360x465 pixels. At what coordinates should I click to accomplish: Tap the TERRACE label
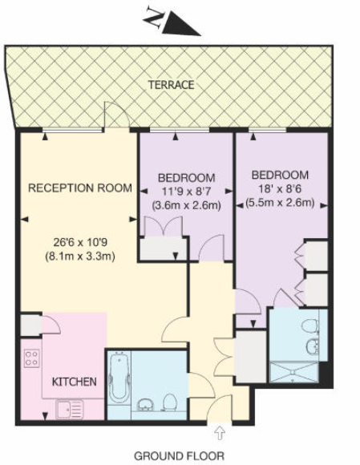[171, 85]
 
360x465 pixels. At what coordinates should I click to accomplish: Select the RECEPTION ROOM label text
[80, 188]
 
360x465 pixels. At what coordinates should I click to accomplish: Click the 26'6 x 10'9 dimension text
[80, 242]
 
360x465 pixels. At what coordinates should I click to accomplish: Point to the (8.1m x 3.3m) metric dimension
[80, 257]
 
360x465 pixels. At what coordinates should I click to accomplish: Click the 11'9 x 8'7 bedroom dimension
[185, 191]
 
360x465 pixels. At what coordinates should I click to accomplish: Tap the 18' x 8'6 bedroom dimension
[280, 189]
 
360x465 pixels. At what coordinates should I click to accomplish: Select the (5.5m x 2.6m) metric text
[280, 204]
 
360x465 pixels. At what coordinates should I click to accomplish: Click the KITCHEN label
[75, 382]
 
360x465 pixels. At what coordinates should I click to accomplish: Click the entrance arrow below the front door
[220, 434]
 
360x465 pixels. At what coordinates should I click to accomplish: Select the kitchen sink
[68, 407]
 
